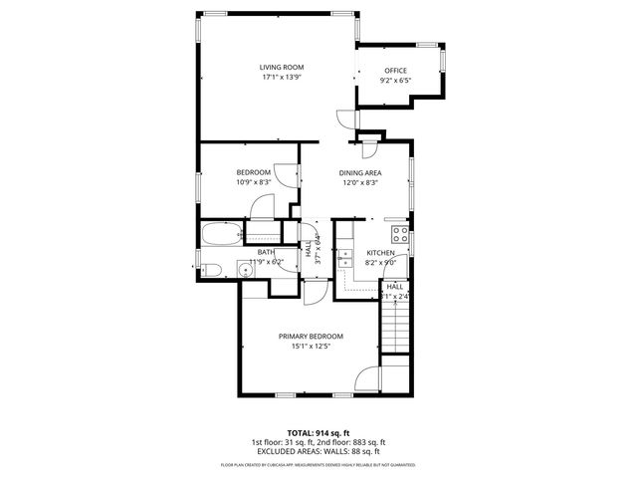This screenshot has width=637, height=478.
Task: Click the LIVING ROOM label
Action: point(282,67)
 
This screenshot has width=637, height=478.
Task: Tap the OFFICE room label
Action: point(395,70)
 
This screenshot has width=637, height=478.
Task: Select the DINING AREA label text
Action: point(360,172)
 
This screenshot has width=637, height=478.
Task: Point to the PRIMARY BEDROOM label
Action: point(311,337)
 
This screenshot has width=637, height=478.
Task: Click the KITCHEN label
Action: point(381,253)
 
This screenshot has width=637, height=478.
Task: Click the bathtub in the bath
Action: point(221,235)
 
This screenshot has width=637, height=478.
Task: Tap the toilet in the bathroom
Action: point(210,268)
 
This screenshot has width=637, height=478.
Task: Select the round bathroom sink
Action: point(243,266)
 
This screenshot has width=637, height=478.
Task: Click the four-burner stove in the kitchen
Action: point(400,235)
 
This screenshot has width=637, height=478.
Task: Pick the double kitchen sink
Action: point(345,257)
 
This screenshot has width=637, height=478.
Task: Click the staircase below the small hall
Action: point(396,330)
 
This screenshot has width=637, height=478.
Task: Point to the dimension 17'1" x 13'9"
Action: point(282,77)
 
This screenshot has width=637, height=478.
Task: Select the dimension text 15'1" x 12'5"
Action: point(311,347)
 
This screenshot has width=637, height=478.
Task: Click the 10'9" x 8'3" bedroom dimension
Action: point(253,182)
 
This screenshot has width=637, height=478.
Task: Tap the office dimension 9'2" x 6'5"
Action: point(395,80)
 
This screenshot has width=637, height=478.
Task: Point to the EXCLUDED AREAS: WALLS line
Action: point(318,449)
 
